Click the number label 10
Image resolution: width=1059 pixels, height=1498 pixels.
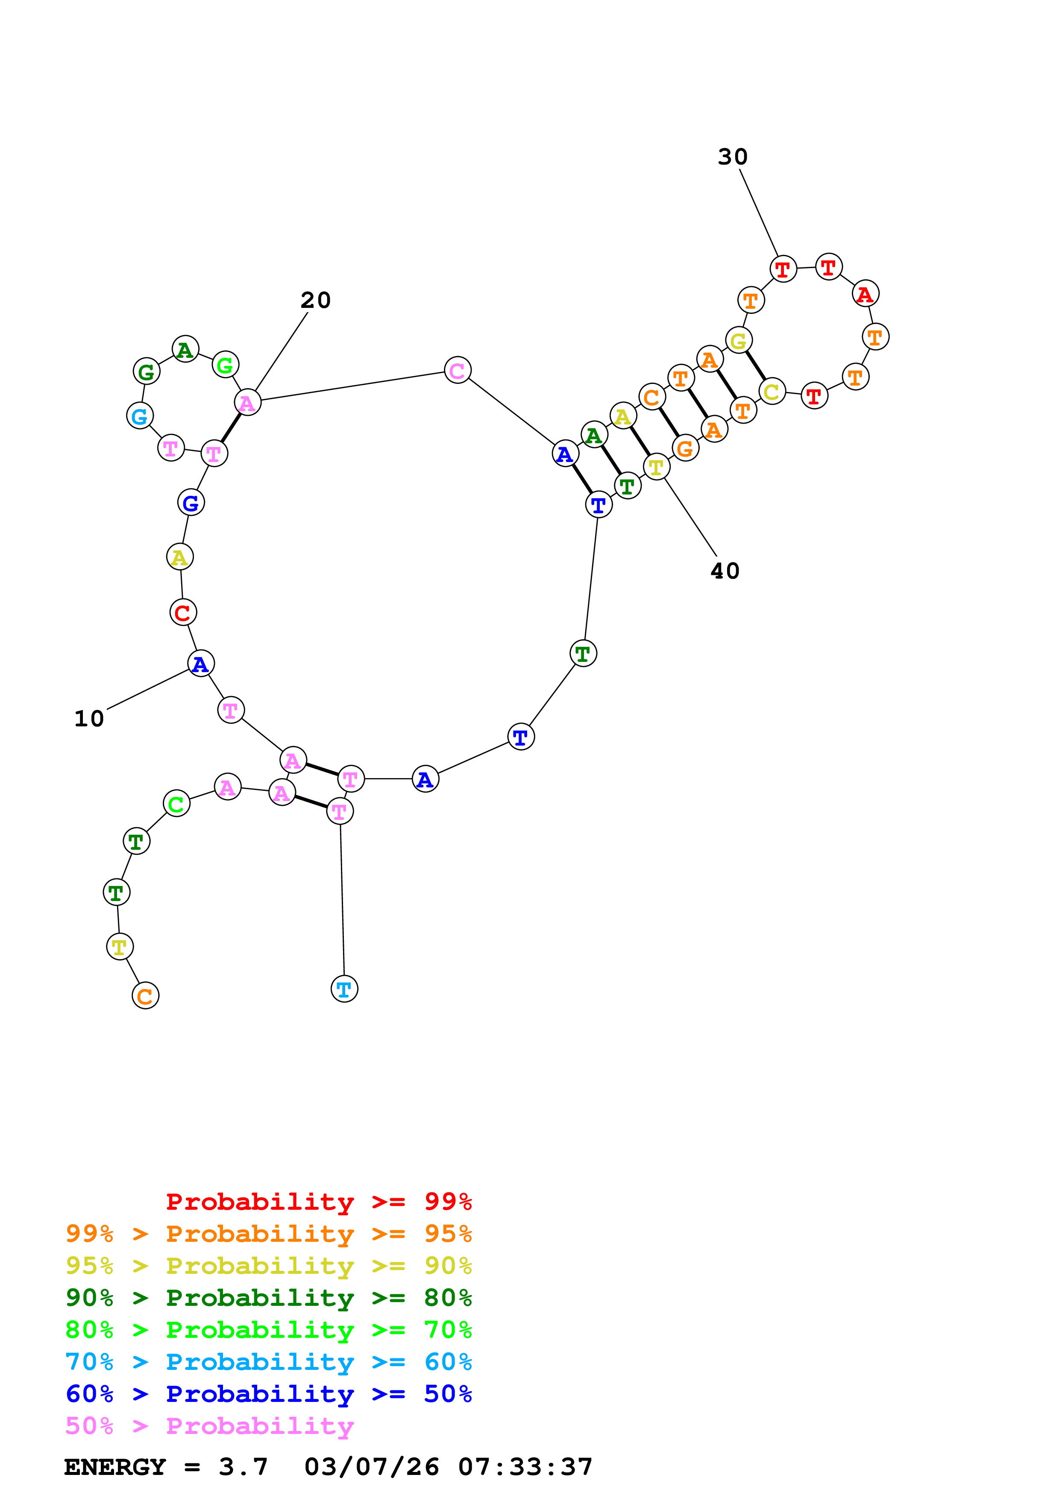click(x=89, y=718)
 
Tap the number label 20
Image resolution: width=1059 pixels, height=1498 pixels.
click(x=316, y=300)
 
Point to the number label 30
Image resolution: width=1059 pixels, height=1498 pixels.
click(x=733, y=157)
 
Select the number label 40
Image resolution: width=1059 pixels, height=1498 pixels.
click(x=725, y=571)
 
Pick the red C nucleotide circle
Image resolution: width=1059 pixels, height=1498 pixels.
click(x=183, y=613)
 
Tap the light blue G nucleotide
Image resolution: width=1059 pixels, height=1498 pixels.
click(x=140, y=416)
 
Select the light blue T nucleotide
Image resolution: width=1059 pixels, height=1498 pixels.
click(x=344, y=989)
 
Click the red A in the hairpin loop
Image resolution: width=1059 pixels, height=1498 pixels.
click(x=865, y=294)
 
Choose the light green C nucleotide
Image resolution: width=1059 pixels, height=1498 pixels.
click(x=176, y=804)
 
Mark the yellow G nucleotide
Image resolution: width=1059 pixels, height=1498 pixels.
click(x=739, y=341)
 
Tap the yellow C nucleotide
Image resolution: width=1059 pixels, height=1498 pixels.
click(x=772, y=392)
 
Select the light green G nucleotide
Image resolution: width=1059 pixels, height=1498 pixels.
click(x=225, y=365)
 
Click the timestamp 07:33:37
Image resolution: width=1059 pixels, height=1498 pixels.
click(x=525, y=1467)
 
